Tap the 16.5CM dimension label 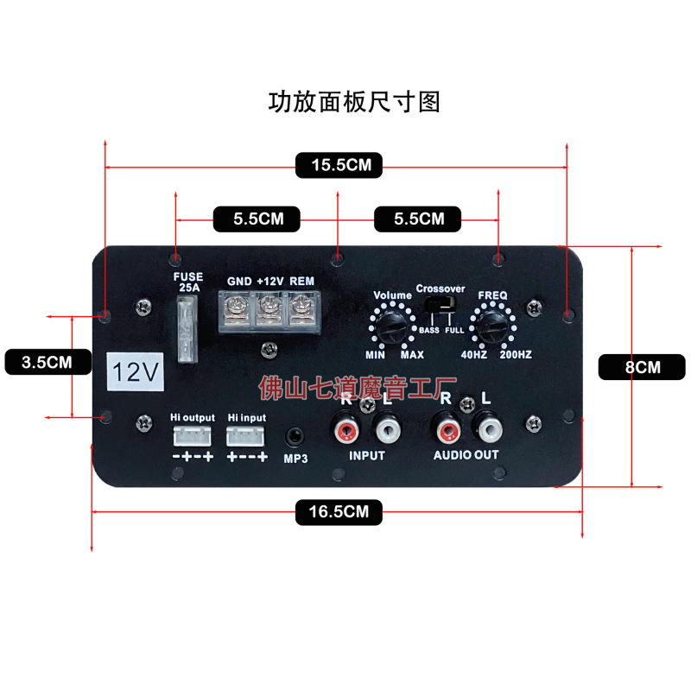338,512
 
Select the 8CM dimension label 642,367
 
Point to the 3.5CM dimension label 47,362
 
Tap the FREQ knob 493,326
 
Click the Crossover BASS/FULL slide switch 441,307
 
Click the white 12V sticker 135,372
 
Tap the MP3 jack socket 295,436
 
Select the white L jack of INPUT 386,428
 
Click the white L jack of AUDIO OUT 487,427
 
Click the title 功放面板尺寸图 355,102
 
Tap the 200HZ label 515,355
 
